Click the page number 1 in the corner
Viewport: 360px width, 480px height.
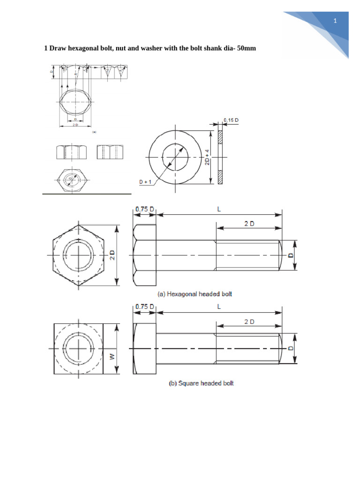pyautogui.click(x=335, y=21)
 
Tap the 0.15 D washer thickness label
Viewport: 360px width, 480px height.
pyautogui.click(x=231, y=120)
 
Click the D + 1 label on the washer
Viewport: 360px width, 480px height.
pyautogui.click(x=145, y=181)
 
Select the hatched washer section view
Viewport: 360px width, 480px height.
pyautogui.click(x=220, y=156)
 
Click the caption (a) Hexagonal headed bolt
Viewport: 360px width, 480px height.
pyautogui.click(x=194, y=294)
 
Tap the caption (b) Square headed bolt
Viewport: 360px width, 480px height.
pyautogui.click(x=201, y=383)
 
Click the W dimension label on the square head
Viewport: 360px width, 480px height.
pyautogui.click(x=112, y=356)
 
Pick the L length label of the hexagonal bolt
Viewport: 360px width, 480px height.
pyautogui.click(x=218, y=210)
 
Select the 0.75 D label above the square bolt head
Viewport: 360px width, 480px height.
pyautogui.click(x=145, y=307)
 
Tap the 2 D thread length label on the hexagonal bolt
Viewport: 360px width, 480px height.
pyautogui.click(x=249, y=224)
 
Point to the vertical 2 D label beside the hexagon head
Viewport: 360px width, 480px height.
pyautogui.click(x=112, y=255)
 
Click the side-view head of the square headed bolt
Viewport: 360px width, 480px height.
pyautogui.click(x=144, y=349)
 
